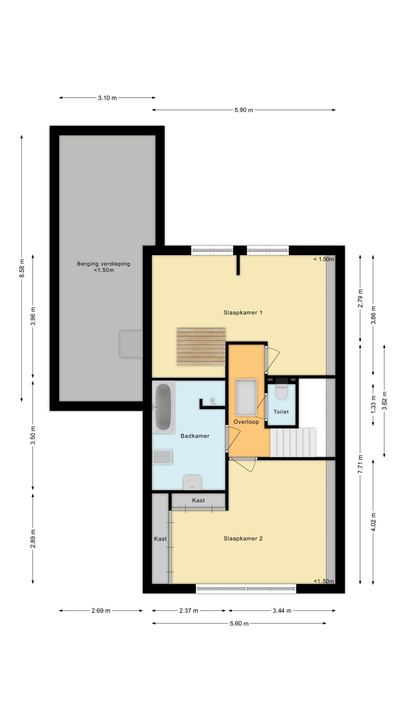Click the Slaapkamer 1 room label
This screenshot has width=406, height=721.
pyautogui.click(x=243, y=312)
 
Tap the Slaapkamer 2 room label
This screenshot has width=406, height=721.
pyautogui.click(x=243, y=538)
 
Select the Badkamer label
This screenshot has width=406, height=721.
pyautogui.click(x=195, y=436)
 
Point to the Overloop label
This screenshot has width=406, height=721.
pyautogui.click(x=246, y=422)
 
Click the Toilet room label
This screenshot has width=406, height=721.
pyautogui.click(x=281, y=412)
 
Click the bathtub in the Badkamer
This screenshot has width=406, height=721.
pyautogui.click(x=163, y=407)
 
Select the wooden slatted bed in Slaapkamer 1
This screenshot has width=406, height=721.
pyautogui.click(x=201, y=347)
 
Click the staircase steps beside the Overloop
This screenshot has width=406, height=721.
pyautogui.click(x=293, y=442)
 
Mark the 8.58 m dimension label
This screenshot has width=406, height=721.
pyautogui.click(x=22, y=268)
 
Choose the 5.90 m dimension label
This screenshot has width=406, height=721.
pyautogui.click(x=244, y=110)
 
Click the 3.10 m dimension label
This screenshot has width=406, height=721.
pyautogui.click(x=108, y=98)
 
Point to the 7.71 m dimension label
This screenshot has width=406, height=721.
pyautogui.click(x=361, y=464)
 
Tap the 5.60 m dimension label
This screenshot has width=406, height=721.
pyautogui.click(x=239, y=623)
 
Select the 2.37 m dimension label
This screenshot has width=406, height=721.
pyautogui.click(x=189, y=611)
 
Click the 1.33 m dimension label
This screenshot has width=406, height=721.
pyautogui.click(x=373, y=404)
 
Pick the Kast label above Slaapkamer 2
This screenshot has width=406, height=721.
pyautogui.click(x=198, y=501)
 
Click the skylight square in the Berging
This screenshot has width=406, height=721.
pyautogui.click(x=131, y=344)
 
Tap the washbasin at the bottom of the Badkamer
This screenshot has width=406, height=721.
pyautogui.click(x=192, y=483)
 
